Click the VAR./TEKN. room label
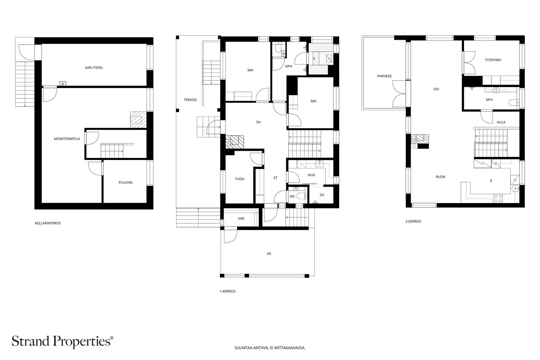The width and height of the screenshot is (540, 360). pos(94,68)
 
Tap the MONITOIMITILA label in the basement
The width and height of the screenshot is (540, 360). pos(67,139)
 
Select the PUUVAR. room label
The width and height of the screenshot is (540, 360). pos(126,183)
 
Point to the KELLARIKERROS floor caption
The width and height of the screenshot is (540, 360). pos(48,223)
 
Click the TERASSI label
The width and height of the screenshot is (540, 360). pos(190,100)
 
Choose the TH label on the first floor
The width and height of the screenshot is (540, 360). pos(258,122)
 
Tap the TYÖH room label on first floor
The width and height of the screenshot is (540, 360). pos(240,179)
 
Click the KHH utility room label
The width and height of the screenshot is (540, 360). pos(312,175)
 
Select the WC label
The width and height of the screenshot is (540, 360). pos(292,196)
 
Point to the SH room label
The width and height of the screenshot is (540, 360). pos(322,195)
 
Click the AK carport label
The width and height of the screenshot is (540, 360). pos(269,253)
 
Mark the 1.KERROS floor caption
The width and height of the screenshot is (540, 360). pos(227,291)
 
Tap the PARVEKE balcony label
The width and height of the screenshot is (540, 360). pos(384,76)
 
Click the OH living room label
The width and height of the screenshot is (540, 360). pos(436,89)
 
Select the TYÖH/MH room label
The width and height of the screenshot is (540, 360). pos(493,60)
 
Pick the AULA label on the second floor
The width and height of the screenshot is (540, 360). pos(501,122)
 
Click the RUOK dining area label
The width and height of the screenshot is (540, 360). pos(440,177)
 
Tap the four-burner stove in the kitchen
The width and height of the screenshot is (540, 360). pos(498,198)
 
